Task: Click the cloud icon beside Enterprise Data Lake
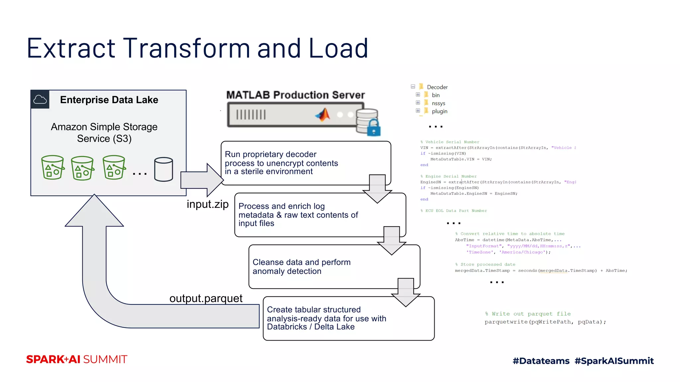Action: [40, 99]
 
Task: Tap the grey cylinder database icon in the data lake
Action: [163, 169]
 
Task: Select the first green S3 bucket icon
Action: [52, 167]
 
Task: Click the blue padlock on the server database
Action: [374, 128]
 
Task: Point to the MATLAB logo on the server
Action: [322, 115]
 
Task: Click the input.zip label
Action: [208, 204]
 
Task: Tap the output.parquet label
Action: [206, 298]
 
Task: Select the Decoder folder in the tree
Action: [437, 87]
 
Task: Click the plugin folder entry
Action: [439, 111]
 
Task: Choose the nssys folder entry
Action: [438, 103]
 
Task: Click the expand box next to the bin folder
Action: [418, 95]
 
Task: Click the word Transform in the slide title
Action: [186, 48]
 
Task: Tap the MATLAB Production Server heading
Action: [296, 95]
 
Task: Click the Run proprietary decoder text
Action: [271, 155]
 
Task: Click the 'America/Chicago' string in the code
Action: [522, 252]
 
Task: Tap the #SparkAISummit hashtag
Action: [614, 361]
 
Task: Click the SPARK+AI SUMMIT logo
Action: [77, 359]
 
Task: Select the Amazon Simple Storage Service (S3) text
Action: [104, 133]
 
